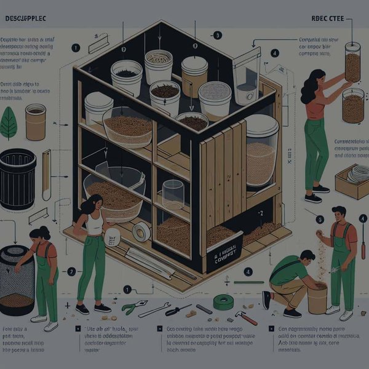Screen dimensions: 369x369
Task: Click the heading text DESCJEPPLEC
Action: pyautogui.click(x=26, y=19)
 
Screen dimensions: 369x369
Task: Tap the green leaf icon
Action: pyautogui.click(x=9, y=123)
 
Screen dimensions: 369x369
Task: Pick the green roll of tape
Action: pyautogui.click(x=223, y=302)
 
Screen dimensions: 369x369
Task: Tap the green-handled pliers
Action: pyautogui.click(x=134, y=307)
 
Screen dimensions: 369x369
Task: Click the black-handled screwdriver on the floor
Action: pyautogui.click(x=178, y=310)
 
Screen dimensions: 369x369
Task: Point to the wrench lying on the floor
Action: pyautogui.click(x=154, y=310)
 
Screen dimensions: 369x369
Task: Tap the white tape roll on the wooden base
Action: pyautogui.click(x=141, y=231)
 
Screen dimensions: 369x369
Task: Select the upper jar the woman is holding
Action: pyautogui.click(x=352, y=62)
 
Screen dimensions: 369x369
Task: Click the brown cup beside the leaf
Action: pyautogui.click(x=36, y=121)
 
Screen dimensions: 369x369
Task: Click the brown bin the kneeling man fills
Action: pyautogui.click(x=317, y=298)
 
